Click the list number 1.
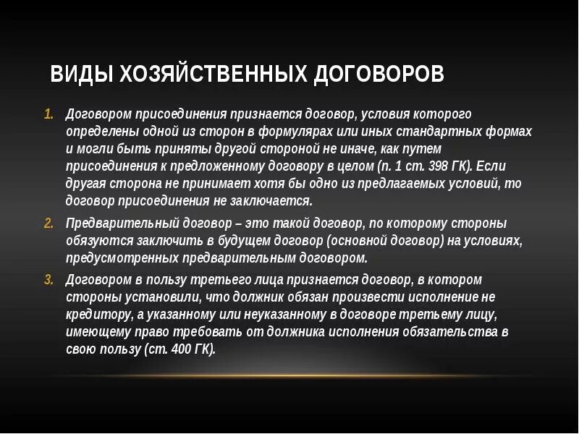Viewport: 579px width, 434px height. [x=48, y=115]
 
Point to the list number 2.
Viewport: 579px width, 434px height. [x=48, y=224]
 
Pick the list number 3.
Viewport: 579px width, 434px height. [x=48, y=280]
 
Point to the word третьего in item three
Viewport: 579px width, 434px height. [x=203, y=280]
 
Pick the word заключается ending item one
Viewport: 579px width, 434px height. [x=276, y=201]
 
